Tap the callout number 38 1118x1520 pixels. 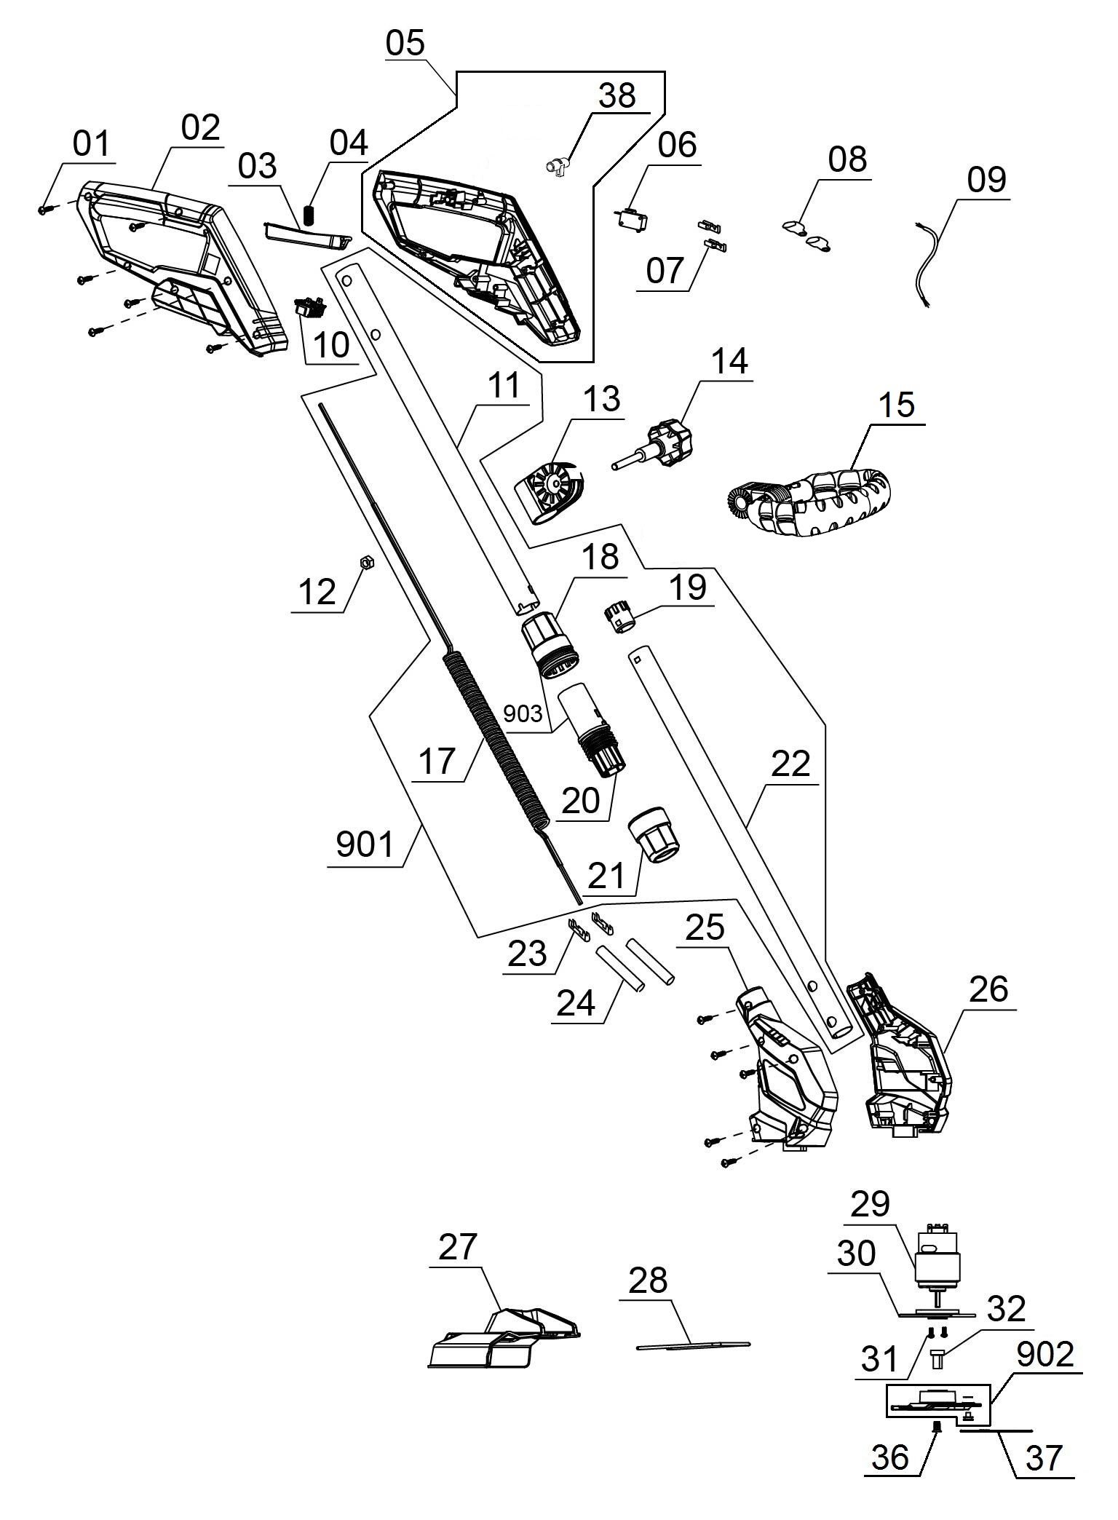[617, 95]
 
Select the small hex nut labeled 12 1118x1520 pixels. [367, 562]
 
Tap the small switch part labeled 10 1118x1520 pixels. [309, 309]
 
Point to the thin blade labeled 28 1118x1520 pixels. [692, 1345]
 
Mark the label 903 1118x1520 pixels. [523, 713]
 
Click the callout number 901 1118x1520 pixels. [365, 844]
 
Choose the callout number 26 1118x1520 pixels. [989, 988]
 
